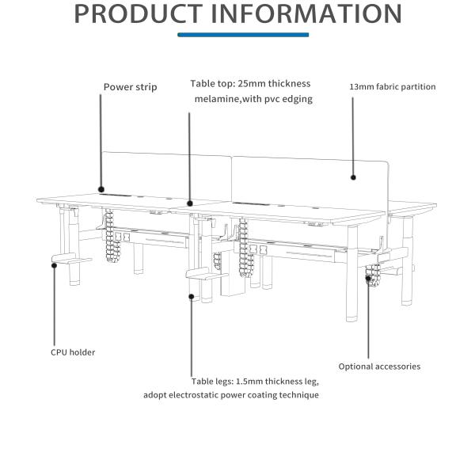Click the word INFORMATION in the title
(x=308, y=14)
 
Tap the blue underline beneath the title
(x=243, y=35)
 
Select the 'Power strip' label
(x=130, y=87)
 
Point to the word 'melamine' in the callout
(x=219, y=99)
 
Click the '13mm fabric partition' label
(x=393, y=87)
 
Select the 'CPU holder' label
(x=73, y=352)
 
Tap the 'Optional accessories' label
(x=379, y=367)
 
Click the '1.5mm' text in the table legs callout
(x=253, y=381)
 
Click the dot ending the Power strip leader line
(x=101, y=188)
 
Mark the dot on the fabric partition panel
(x=354, y=178)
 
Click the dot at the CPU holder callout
(x=54, y=265)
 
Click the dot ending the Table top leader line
(x=190, y=203)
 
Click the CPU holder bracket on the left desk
(x=71, y=259)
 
